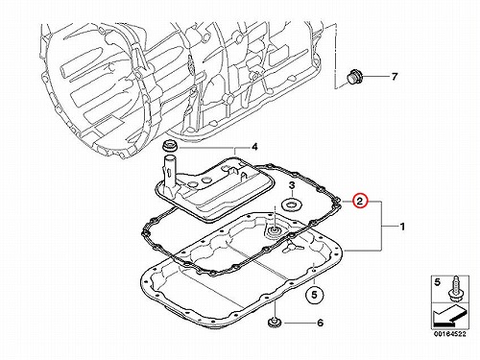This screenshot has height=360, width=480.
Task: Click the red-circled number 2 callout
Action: pos(360,202)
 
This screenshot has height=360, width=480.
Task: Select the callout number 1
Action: pos(402,227)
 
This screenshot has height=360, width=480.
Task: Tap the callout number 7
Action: pos(395,77)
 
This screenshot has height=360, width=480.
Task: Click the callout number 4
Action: pos(254,147)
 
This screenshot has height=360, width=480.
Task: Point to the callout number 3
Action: pos(292,185)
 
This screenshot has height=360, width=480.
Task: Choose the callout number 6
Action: pos(320,323)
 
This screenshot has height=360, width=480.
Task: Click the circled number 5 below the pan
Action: pos(314,295)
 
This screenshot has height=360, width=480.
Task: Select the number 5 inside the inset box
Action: pos(437,282)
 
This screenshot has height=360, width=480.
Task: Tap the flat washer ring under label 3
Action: pos(292,204)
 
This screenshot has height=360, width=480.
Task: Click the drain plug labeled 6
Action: pos(274,323)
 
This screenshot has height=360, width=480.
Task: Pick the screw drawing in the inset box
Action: pos(454,289)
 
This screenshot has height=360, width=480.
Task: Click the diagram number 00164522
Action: pos(450,334)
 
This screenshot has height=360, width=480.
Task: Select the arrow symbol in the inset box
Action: pos(450,315)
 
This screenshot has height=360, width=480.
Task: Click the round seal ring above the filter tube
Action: pos(168,146)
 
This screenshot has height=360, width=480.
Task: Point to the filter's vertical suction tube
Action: pos(170,173)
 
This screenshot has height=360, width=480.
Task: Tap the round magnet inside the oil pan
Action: pos(274,231)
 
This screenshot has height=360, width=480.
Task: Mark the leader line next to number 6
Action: pos(298,324)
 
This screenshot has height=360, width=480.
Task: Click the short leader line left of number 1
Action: pos(389,227)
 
